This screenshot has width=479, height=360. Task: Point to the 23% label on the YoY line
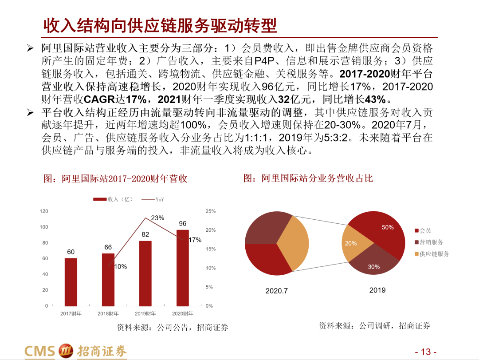pyautogui.click(x=157, y=218)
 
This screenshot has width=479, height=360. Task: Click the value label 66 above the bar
pyautogui.click(x=108, y=247)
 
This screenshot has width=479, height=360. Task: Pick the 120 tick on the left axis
pyautogui.click(x=44, y=211)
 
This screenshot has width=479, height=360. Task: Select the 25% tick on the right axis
pyautogui.click(x=211, y=211)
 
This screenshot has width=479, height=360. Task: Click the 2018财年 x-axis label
pyautogui.click(x=108, y=313)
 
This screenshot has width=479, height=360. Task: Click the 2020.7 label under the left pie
pyautogui.click(x=277, y=291)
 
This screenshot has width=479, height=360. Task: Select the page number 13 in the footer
pyautogui.click(x=426, y=352)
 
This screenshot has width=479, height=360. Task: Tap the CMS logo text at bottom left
pyautogui.click(x=39, y=351)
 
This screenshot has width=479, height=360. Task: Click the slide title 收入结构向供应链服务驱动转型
pyautogui.click(x=160, y=26)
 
